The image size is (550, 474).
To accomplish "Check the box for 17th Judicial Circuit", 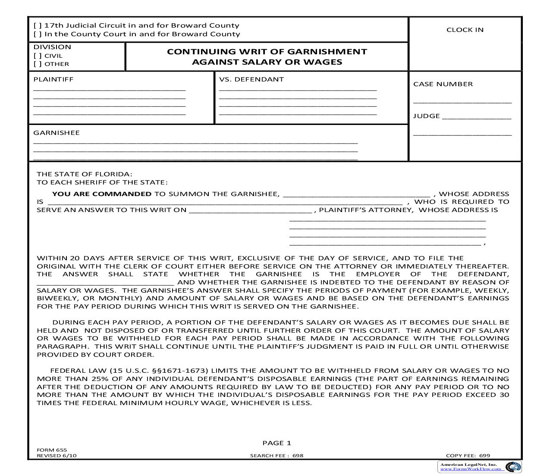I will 38,26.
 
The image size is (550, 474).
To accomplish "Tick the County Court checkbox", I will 38,34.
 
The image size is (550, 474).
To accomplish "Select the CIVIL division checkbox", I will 38,56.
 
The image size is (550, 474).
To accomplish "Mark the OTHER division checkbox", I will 38,64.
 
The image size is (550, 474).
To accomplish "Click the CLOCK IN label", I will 465,30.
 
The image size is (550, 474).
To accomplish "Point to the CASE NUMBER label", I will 443,84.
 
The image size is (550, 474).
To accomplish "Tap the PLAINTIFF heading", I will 53,79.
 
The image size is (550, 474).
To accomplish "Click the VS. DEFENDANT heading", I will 251,79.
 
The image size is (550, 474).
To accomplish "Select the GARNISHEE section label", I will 57,133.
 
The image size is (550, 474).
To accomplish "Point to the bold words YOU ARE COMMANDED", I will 102,194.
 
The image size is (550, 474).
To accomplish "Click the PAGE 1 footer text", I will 277,443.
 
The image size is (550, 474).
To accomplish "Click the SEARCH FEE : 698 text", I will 277,455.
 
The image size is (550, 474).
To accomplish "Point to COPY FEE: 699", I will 468,455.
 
